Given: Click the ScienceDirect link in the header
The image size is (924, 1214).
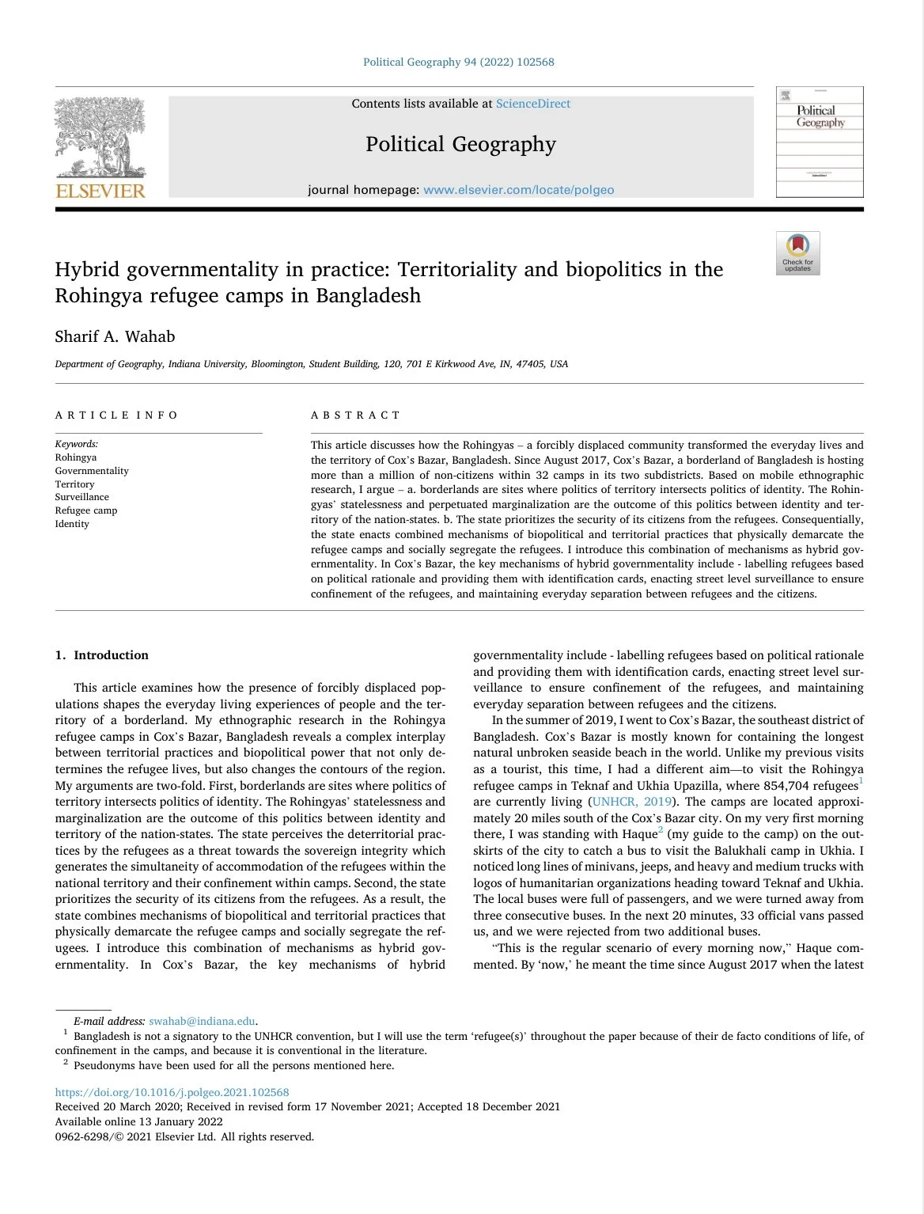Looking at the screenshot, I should pyautogui.click(x=532, y=104).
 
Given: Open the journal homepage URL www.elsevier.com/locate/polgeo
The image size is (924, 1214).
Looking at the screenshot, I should pyautogui.click(x=518, y=190).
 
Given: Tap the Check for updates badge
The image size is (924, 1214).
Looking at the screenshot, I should pyautogui.click(x=797, y=253).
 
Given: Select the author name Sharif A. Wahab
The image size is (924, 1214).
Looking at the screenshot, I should pyautogui.click(x=115, y=336).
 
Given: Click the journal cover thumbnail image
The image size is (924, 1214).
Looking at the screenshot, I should pyautogui.click(x=820, y=142).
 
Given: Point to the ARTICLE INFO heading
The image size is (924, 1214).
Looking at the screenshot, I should pyautogui.click(x=117, y=415).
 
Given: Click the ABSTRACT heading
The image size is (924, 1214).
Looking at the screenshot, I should pyautogui.click(x=356, y=415).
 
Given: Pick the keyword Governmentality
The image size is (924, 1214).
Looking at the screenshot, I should pyautogui.click(x=92, y=471).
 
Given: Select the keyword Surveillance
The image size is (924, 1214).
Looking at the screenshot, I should pyautogui.click(x=82, y=497).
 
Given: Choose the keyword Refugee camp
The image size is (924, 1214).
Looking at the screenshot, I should pyautogui.click(x=86, y=510).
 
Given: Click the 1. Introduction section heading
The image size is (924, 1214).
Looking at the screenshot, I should pyautogui.click(x=102, y=655).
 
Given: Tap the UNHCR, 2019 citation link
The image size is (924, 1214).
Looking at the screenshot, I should pyautogui.click(x=632, y=802).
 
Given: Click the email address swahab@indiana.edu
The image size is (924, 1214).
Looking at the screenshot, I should pyautogui.click(x=203, y=1021).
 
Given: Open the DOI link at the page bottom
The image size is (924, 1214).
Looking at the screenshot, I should pyautogui.click(x=172, y=1092).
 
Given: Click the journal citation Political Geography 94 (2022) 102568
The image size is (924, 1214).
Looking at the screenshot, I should pyautogui.click(x=459, y=62).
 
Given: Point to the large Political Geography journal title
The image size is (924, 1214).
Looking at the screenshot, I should pyautogui.click(x=460, y=144).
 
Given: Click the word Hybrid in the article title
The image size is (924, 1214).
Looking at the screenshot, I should pyautogui.click(x=87, y=270).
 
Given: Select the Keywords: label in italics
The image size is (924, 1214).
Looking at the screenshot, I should pyautogui.click(x=77, y=444).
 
